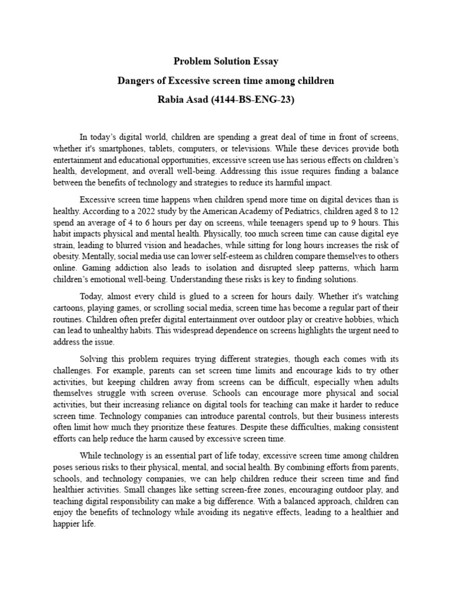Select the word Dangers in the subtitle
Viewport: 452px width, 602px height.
(x=135, y=81)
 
